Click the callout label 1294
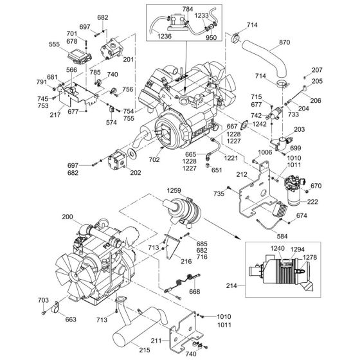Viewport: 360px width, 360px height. (x=299, y=249)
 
